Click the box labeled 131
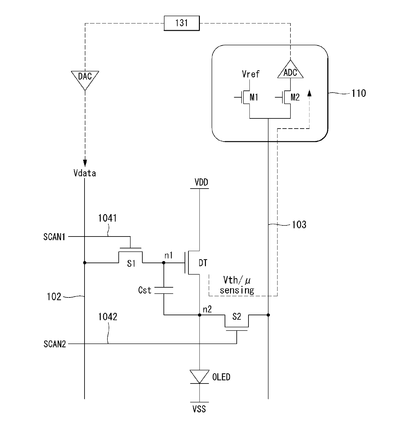click(181, 23)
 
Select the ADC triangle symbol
click(290, 69)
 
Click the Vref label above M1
click(251, 74)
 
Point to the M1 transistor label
click(254, 97)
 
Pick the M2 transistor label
click(295, 97)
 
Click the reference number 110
click(358, 93)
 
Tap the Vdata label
click(85, 173)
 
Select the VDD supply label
click(201, 182)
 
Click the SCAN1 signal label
click(54, 237)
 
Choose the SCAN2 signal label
click(55, 344)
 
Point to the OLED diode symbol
click(200, 377)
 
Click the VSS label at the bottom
click(199, 409)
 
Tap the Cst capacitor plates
click(164, 290)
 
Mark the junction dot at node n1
click(164, 263)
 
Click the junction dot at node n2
click(200, 315)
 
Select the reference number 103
click(299, 225)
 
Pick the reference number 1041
click(107, 218)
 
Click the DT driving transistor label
click(203, 263)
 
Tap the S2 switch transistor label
click(237, 317)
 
